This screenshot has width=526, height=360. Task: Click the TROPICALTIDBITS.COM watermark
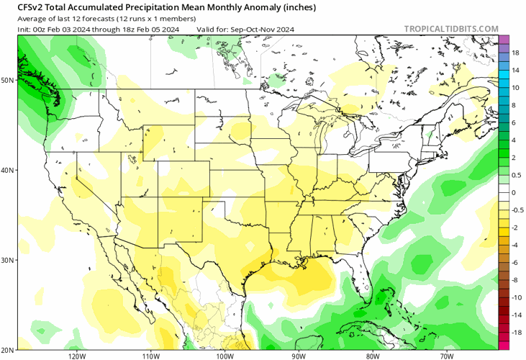tap(451, 29)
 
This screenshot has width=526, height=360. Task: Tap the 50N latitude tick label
tap(8, 80)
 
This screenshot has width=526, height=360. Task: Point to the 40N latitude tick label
tap(8, 170)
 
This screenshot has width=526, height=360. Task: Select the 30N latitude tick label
tap(8, 260)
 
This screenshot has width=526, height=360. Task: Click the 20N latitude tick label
tap(8, 349)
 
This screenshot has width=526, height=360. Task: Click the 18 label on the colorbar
tap(516, 53)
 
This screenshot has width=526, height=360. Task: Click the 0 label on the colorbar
tap(514, 192)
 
